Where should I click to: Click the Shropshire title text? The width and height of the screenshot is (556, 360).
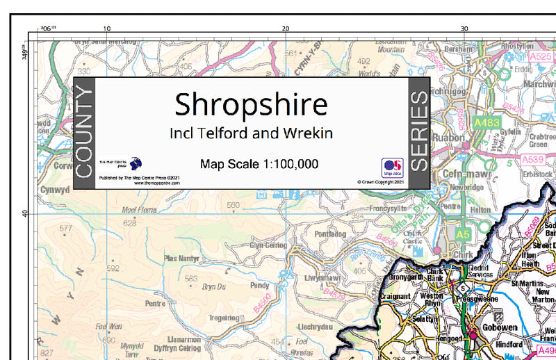tap(251, 104)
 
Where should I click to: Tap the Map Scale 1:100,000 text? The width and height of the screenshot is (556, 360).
tap(259, 165)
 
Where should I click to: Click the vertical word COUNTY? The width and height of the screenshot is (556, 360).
tap(83, 133)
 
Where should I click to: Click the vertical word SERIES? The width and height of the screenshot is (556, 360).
tap(419, 133)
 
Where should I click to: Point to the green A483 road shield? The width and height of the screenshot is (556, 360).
tap(486, 122)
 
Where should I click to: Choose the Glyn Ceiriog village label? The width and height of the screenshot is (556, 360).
tap(268, 245)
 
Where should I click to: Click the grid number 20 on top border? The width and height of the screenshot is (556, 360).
tap(285, 28)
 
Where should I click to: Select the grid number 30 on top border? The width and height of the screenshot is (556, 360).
tap(464, 28)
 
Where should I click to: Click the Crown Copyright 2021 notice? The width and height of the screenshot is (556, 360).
tap(381, 182)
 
